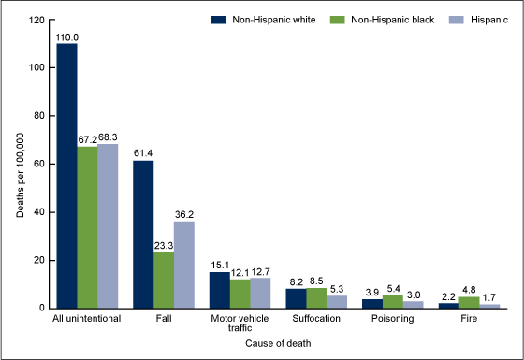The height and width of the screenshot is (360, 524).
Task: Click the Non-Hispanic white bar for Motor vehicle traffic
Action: [x=219, y=290]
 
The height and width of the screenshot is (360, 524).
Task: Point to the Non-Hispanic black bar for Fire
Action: [x=470, y=302]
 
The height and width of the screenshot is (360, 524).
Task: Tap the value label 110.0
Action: [x=66, y=36]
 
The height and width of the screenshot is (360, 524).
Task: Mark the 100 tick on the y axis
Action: [x=39, y=67]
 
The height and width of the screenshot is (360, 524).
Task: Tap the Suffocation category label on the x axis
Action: [x=317, y=319]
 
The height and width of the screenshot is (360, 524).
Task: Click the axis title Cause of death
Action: [x=279, y=343]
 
